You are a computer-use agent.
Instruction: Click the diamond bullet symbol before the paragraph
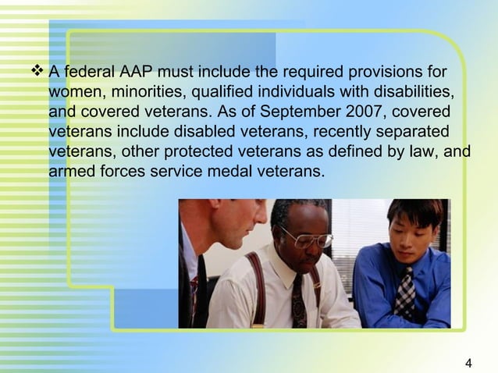(x=37, y=73)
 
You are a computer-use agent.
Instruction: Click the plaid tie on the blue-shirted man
(x=404, y=293)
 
